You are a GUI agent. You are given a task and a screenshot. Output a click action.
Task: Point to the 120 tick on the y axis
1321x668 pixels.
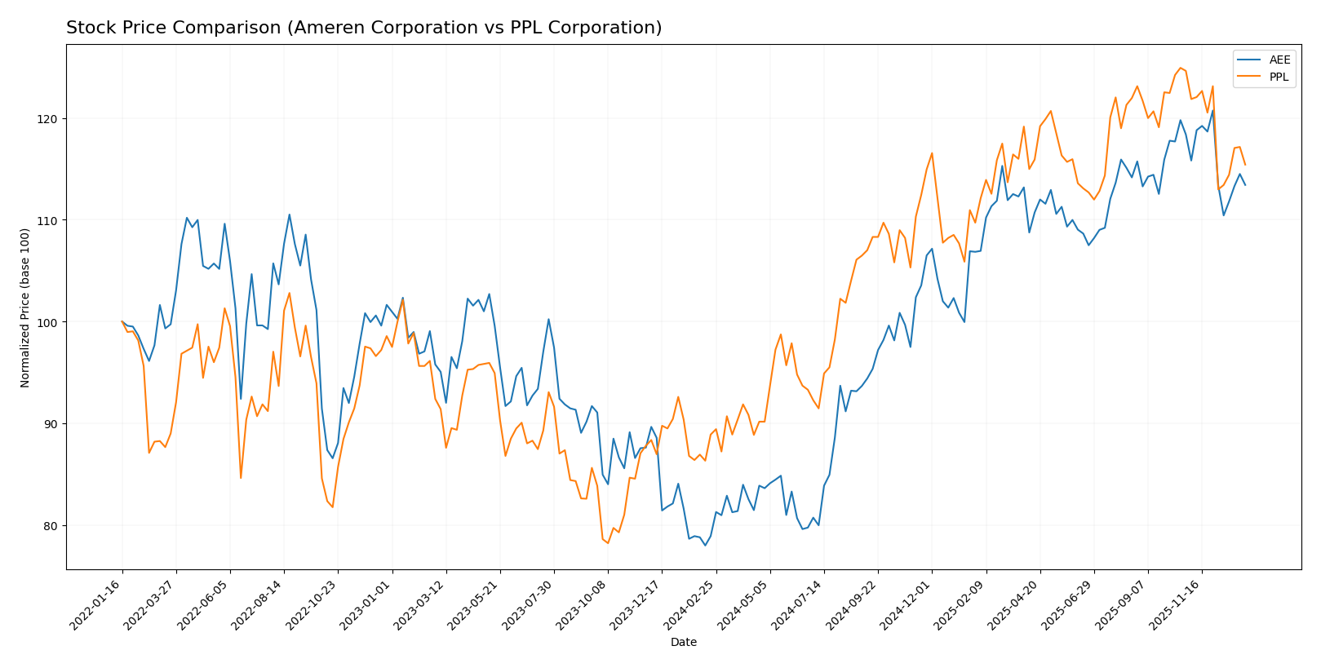click(51, 119)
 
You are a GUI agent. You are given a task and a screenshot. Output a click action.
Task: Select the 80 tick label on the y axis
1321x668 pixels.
click(51, 526)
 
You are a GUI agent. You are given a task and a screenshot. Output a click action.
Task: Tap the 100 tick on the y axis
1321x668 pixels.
click(51, 322)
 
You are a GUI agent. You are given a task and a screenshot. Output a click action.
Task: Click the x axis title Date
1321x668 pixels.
click(683, 643)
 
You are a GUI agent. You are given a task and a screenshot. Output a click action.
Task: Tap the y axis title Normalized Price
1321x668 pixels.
click(25, 307)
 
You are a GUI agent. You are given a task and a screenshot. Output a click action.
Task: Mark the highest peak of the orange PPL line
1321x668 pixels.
click(1180, 68)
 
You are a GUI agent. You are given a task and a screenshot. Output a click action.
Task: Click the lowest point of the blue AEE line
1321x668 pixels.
click(705, 545)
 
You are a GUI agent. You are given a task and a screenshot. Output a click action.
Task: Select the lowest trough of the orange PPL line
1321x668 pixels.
click(608, 543)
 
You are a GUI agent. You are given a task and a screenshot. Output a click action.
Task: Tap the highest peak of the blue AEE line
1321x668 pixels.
click(1212, 111)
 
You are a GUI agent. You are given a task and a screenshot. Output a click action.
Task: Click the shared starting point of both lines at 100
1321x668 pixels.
click(122, 321)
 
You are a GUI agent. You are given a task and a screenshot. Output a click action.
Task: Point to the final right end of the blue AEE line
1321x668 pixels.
click(1244, 185)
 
